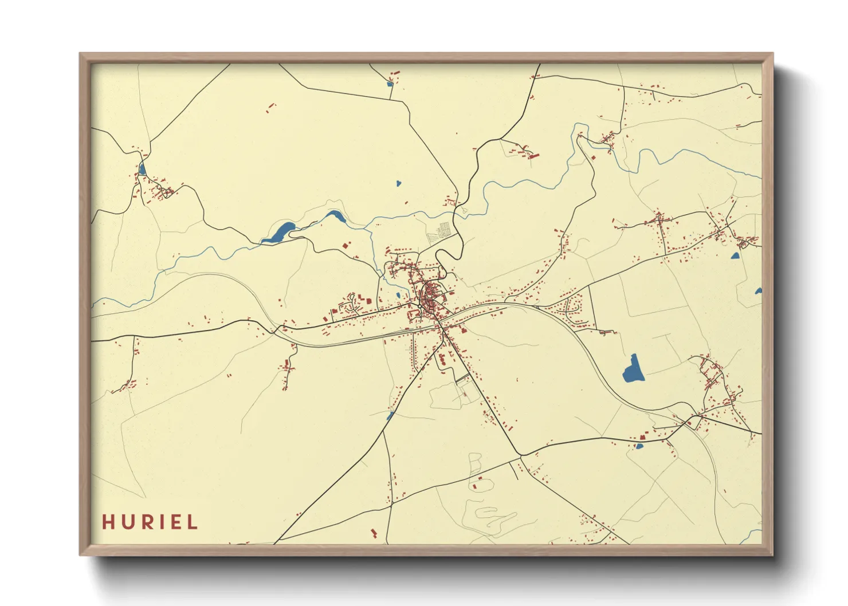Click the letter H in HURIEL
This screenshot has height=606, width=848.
108,522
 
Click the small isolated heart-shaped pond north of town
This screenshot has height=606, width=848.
399,184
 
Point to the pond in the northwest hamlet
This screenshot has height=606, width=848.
142,169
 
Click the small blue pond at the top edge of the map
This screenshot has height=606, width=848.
390,84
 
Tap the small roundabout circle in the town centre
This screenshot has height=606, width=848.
420,307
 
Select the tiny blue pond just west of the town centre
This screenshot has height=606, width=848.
398,296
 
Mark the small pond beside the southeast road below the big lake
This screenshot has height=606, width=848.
639,446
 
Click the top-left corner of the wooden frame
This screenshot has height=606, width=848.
80,54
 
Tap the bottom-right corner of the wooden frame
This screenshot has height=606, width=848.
772,554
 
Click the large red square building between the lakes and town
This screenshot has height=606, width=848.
346,245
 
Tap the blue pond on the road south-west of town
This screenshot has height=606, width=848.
390,416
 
